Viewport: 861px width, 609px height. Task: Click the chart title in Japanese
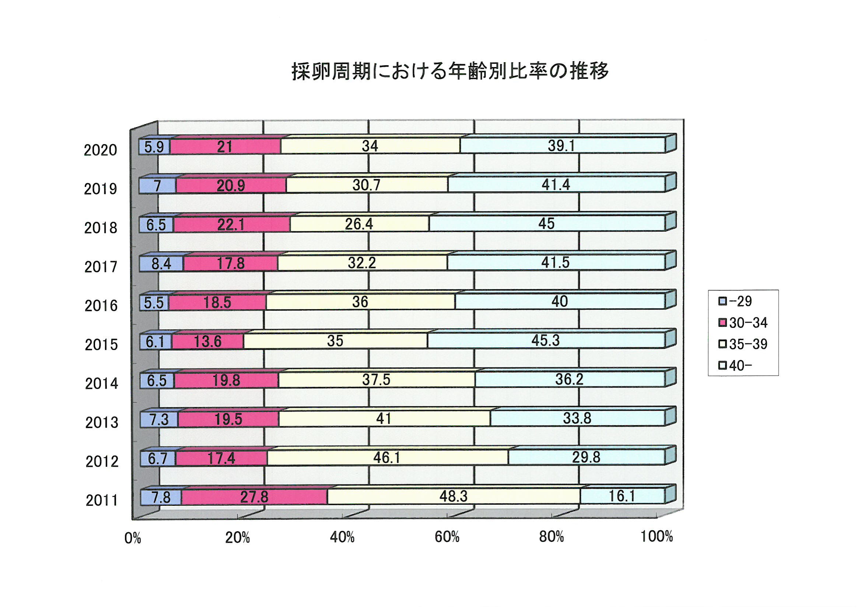[450, 71]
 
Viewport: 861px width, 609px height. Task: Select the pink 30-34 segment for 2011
[254, 497]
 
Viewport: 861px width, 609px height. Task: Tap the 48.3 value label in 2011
[454, 496]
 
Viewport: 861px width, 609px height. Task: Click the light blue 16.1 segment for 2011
[622, 496]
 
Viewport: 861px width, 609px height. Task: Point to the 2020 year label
[100, 150]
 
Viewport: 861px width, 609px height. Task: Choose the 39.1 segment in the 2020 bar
[561, 146]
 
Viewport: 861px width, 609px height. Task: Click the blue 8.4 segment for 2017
[161, 264]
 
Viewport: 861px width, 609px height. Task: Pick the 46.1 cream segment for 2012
[386, 458]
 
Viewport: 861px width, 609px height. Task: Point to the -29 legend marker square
[722, 301]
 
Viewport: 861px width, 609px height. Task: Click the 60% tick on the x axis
[447, 538]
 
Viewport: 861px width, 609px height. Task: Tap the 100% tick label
[656, 537]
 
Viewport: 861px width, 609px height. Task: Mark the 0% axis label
[132, 539]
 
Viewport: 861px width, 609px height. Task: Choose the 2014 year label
[101, 384]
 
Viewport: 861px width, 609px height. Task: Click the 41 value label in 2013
[384, 419]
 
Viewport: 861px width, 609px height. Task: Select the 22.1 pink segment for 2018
[231, 225]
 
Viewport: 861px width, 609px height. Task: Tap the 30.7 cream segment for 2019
[366, 185]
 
